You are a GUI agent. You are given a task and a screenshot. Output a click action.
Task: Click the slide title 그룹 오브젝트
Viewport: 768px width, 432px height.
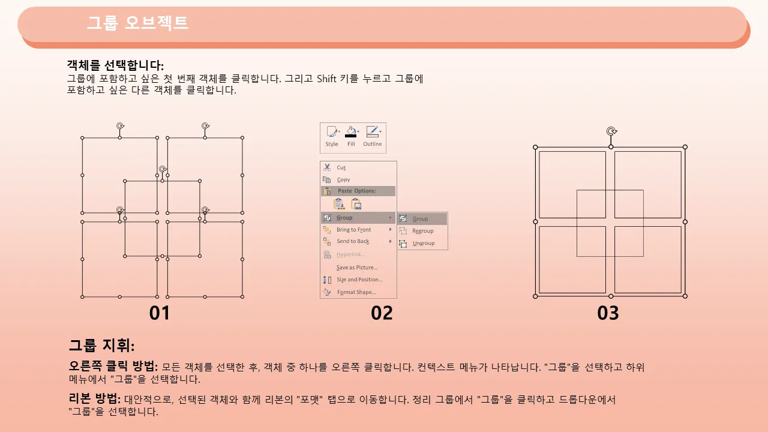click(x=137, y=23)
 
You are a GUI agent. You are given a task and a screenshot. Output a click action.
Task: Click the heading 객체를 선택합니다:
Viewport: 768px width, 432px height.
click(x=115, y=65)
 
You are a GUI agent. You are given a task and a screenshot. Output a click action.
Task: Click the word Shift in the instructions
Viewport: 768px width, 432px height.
click(x=326, y=79)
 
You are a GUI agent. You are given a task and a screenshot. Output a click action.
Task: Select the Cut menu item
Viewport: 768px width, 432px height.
click(x=341, y=167)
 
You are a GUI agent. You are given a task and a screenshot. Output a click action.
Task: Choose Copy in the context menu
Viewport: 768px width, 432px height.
click(x=343, y=179)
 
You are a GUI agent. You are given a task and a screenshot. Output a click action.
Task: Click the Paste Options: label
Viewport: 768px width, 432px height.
click(x=356, y=191)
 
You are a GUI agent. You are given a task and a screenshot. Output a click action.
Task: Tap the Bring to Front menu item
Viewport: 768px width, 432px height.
click(x=353, y=230)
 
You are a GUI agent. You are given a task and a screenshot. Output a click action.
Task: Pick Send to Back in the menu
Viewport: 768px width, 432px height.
click(x=353, y=241)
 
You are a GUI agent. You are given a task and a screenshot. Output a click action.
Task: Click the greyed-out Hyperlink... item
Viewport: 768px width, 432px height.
click(x=350, y=254)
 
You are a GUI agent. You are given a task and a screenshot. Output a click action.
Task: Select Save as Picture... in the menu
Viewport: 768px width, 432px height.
click(x=357, y=268)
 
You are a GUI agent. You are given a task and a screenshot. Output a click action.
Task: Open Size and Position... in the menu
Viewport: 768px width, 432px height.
click(x=359, y=280)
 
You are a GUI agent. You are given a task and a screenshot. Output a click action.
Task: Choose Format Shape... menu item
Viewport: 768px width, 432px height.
click(x=356, y=292)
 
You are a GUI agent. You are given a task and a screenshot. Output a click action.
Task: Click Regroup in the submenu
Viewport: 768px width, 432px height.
click(x=423, y=231)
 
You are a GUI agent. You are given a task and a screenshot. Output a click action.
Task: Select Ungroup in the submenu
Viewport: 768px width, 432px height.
click(x=424, y=244)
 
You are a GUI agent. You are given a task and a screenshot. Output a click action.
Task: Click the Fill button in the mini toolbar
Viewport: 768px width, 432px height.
click(x=351, y=136)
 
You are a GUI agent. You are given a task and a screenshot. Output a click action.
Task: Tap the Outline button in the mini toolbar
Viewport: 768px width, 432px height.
click(x=373, y=136)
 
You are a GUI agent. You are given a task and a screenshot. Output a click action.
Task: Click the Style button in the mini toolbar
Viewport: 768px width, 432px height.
click(x=332, y=136)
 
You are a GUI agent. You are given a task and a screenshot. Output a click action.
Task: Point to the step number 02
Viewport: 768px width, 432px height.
click(x=382, y=313)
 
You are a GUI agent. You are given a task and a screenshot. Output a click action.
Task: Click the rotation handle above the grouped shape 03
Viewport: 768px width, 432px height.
click(x=611, y=131)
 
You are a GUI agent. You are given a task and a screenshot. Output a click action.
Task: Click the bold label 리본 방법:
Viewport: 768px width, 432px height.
click(x=95, y=398)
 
